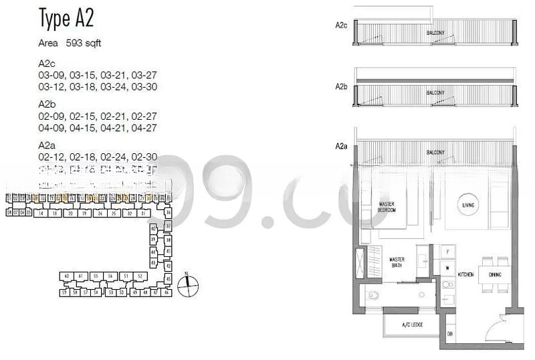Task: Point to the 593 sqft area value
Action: [x=84, y=43]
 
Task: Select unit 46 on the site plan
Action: [x=167, y=292]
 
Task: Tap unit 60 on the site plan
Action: [x=66, y=276]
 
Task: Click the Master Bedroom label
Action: [x=387, y=207]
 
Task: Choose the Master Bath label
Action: [x=397, y=262]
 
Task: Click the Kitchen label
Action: [x=465, y=274]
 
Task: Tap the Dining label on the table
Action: [x=496, y=274]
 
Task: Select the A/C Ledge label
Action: [x=410, y=326]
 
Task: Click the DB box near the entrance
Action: [x=450, y=334]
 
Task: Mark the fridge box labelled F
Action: [x=447, y=252]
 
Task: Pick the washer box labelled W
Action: [x=447, y=268]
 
